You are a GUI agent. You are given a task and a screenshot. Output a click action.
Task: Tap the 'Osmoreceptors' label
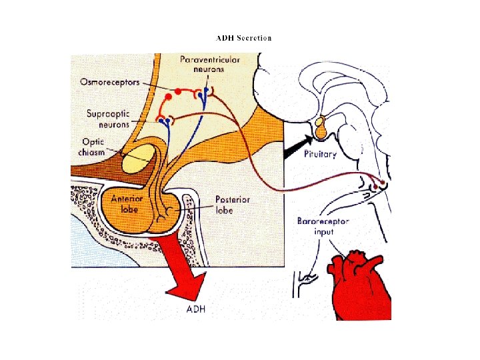(109, 82)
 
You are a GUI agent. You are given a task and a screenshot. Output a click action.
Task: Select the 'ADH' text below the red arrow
(196, 309)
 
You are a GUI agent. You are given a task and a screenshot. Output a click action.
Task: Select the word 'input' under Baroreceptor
(324, 231)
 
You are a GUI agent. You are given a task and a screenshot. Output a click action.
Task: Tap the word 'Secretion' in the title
(254, 38)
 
